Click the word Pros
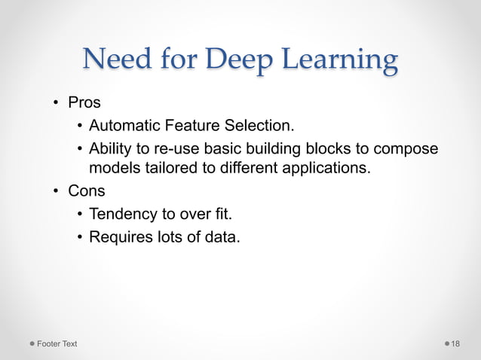coord(84,103)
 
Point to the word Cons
coord(86,191)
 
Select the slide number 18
coord(455,344)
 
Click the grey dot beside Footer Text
coord(32,344)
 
